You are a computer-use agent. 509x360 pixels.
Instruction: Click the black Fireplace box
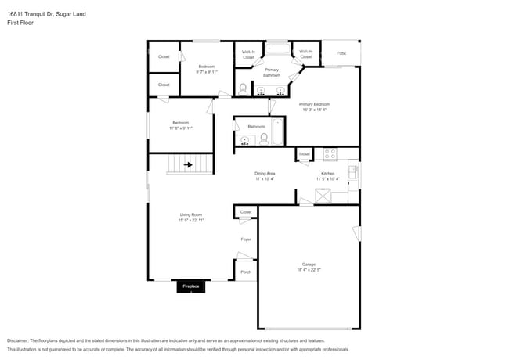pyautogui.click(x=191, y=287)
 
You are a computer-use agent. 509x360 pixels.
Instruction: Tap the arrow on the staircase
pyautogui.click(x=187, y=165)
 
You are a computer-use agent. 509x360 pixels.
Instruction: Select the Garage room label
pyautogui.click(x=309, y=264)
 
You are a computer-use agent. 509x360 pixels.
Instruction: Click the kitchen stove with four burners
pyautogui.click(x=330, y=154)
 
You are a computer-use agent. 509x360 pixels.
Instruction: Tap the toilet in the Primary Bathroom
pyautogui.click(x=244, y=89)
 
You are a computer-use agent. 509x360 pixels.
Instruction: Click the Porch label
pyautogui.click(x=245, y=272)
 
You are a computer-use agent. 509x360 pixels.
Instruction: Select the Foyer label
pyautogui.click(x=245, y=239)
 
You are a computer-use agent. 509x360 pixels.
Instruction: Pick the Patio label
pyautogui.click(x=341, y=53)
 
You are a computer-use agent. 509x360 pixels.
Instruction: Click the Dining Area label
pyautogui.click(x=265, y=173)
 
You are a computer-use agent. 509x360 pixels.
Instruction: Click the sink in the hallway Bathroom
pyautogui.click(x=246, y=141)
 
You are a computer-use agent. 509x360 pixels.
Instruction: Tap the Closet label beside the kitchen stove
pyautogui.click(x=304, y=154)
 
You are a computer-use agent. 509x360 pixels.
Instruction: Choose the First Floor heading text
pyautogui.click(x=20, y=23)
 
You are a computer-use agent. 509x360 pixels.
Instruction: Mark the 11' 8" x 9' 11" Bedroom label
pyautogui.click(x=180, y=125)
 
